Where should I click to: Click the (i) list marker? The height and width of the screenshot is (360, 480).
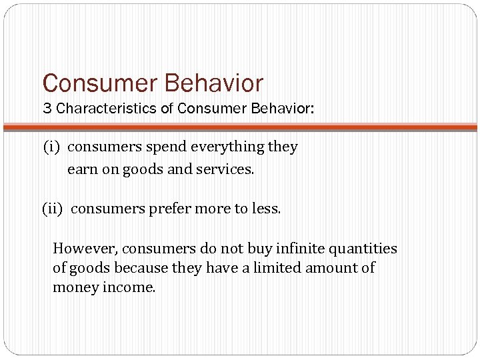click(x=53, y=147)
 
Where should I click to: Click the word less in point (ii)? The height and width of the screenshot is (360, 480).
click(x=267, y=209)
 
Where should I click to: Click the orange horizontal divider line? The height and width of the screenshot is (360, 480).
click(x=240, y=127)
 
